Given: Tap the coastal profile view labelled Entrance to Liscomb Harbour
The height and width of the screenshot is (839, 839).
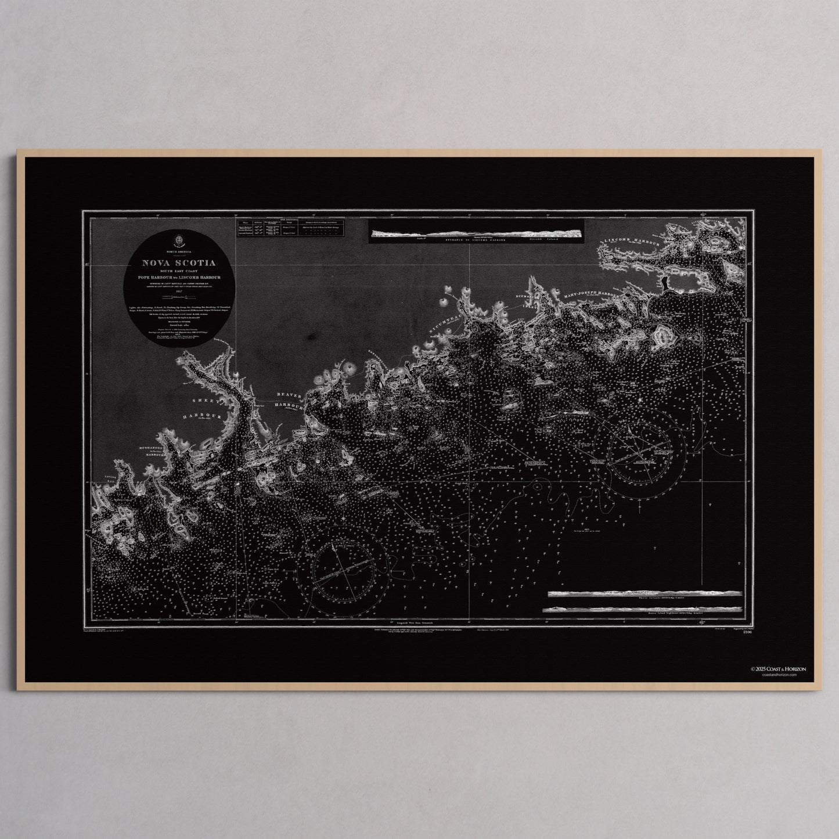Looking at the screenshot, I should (476, 234).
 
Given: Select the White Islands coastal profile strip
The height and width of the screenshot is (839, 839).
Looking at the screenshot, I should (644, 594).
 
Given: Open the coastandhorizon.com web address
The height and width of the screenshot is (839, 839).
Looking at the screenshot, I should (775, 675).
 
